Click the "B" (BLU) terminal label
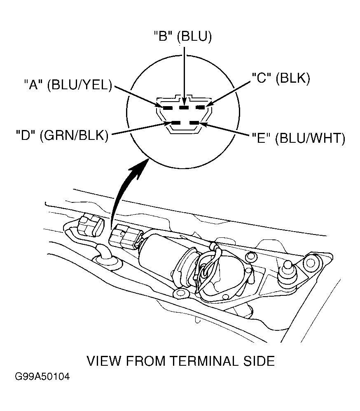point(182,37)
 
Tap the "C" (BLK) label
point(281,78)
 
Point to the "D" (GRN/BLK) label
point(62,135)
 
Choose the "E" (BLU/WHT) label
point(298,138)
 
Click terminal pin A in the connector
point(167,108)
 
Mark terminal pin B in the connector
point(184,107)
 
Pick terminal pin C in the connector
point(201,107)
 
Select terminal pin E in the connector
point(194,123)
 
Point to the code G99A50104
point(42,377)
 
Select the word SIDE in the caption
point(259,361)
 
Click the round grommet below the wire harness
point(108,261)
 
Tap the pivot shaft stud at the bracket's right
point(288,274)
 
